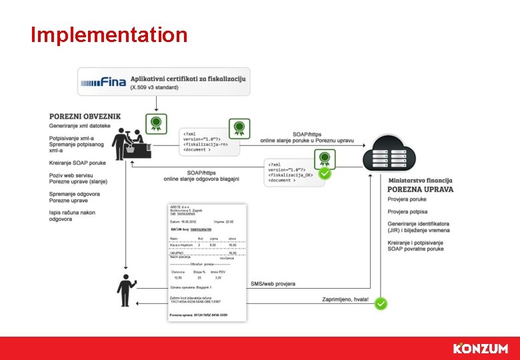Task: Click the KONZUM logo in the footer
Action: (480, 349)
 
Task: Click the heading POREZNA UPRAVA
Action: (420, 189)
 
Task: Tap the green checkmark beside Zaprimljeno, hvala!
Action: (380, 303)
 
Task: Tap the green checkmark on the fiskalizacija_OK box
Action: (325, 173)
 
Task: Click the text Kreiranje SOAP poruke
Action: (77, 163)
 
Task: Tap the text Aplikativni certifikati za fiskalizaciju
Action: (188, 79)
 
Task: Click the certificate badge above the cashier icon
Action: (155, 123)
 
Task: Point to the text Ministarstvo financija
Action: (420, 180)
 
